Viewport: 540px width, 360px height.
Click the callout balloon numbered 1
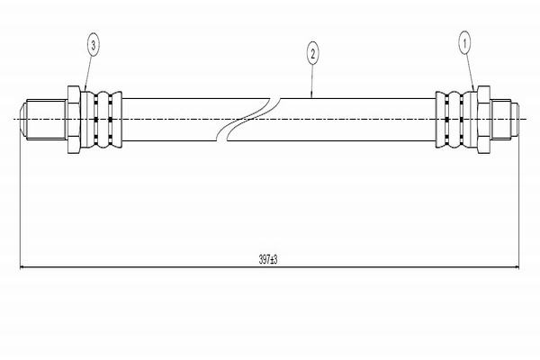465,41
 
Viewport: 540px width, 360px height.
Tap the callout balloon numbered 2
312,54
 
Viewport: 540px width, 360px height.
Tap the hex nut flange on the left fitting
73,119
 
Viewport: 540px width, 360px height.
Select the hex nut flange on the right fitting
481,119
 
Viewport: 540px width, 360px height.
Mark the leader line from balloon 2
312,79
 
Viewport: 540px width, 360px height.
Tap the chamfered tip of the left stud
23,119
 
